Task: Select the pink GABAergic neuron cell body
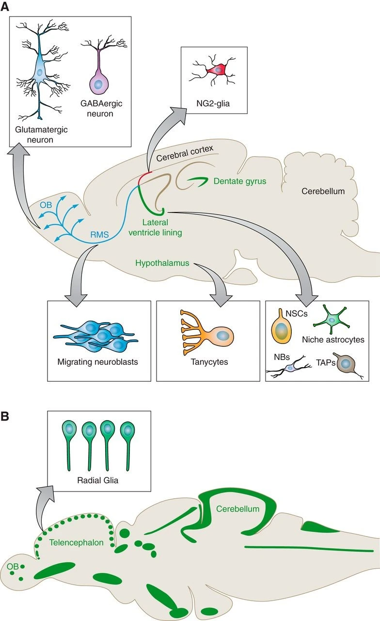[99, 84]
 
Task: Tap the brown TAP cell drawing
[346, 363]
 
